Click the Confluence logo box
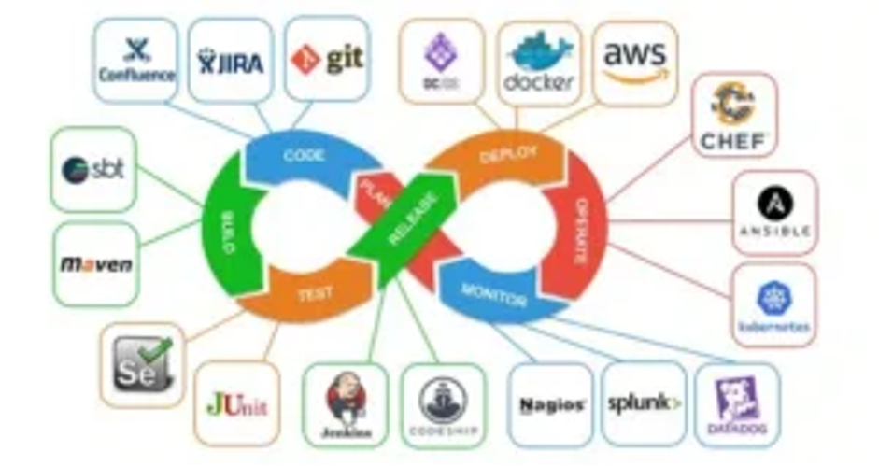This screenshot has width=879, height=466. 136,60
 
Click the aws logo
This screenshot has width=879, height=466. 635,62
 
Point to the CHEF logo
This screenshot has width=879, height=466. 733,117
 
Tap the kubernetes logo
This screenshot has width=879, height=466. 773,306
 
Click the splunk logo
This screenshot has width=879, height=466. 644,403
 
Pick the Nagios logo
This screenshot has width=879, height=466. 551,404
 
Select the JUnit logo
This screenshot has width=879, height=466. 236,404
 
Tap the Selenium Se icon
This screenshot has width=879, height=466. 142,364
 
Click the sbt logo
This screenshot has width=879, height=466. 94,170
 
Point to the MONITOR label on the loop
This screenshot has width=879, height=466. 494,289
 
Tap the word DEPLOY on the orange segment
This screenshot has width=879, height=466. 509,154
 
